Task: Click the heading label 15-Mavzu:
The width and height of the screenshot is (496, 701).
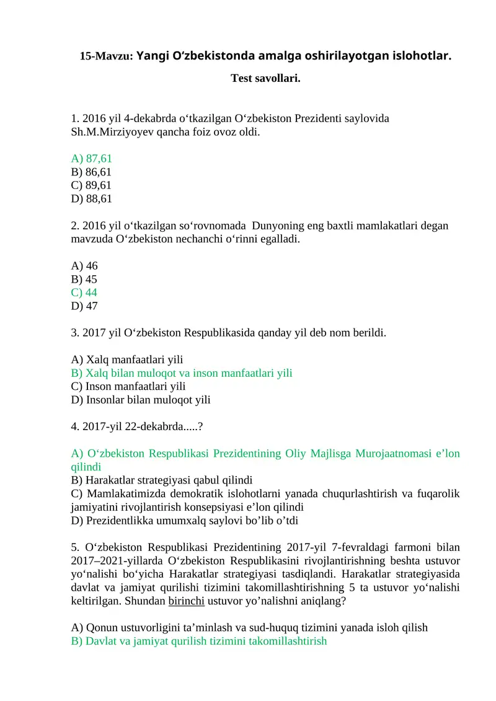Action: pos(107,56)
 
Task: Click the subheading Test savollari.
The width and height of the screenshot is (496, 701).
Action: pos(265,78)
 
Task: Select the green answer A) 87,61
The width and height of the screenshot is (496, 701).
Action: pos(92,159)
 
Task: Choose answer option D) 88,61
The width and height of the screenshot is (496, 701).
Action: pos(92,198)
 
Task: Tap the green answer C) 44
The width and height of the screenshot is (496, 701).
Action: pos(84,292)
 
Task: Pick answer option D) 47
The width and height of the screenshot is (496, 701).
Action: pos(84,306)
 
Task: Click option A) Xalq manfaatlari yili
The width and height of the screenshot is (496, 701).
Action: pos(127,359)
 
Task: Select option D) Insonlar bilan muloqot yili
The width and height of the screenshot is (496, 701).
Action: pos(141,400)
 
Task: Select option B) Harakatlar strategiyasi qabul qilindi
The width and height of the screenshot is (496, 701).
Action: pos(162,480)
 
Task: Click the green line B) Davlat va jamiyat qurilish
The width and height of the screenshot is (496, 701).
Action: pos(199,641)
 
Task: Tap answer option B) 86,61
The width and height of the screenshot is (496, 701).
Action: pos(92,172)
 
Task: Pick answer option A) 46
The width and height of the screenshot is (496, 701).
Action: pos(84,265)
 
